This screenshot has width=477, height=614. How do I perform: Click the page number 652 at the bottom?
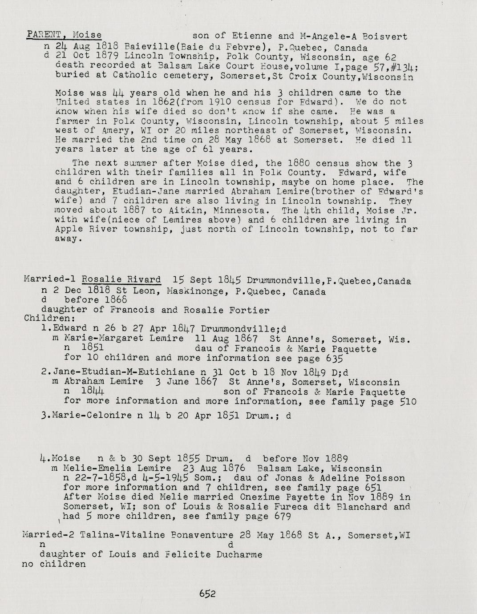click(207, 593)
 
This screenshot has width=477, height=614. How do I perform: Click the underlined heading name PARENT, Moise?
click(64, 35)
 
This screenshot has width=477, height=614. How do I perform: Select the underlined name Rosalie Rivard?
click(121, 280)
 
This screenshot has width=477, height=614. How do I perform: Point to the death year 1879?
click(105, 56)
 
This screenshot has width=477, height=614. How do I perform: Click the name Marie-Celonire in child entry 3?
click(92, 416)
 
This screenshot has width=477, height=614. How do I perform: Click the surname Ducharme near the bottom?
click(239, 554)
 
